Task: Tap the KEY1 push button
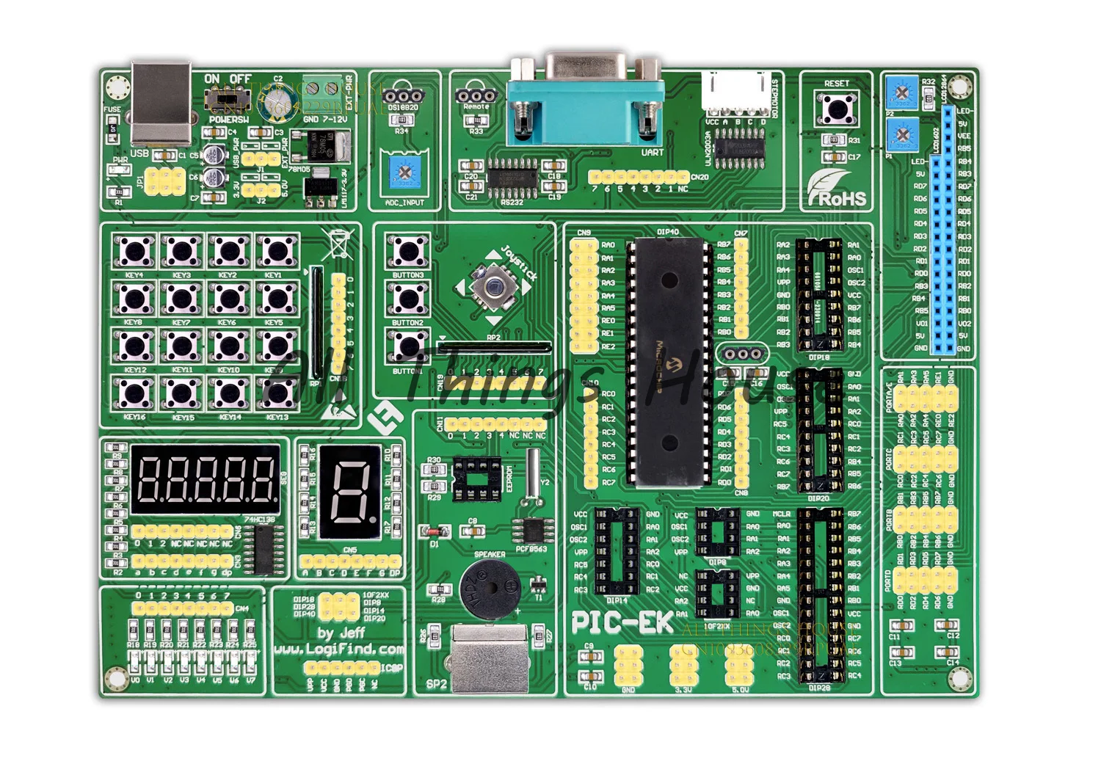pos(277,252)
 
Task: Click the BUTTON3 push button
pos(408,252)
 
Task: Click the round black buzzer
pos(490,588)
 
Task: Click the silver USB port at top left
pos(161,102)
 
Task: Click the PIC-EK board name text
pos(622,622)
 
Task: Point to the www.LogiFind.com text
pos(339,649)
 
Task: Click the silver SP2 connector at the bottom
pos(490,657)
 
